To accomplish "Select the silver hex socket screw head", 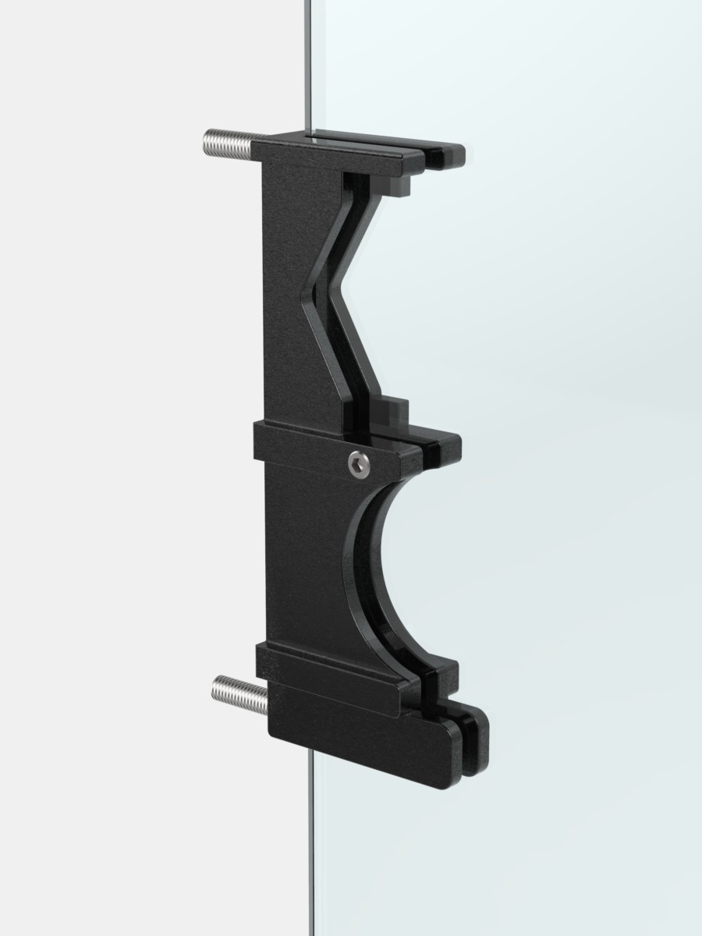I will pos(359,465).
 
